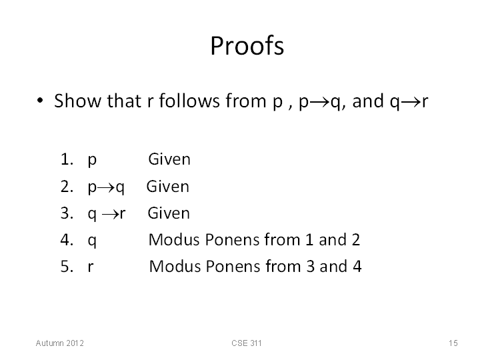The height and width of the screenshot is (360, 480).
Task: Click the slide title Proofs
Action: pyautogui.click(x=247, y=45)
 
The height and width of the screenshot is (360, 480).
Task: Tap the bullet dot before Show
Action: pyautogui.click(x=40, y=101)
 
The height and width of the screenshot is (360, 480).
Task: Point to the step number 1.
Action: pyautogui.click(x=67, y=159)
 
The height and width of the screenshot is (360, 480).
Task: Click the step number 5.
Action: pyautogui.click(x=67, y=266)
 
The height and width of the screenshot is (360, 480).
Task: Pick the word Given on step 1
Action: pyautogui.click(x=169, y=159)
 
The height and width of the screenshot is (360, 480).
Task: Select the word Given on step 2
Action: pyautogui.click(x=168, y=187)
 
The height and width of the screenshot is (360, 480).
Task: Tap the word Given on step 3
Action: pyautogui.click(x=169, y=213)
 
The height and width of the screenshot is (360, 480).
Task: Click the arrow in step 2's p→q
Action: pyautogui.click(x=106, y=187)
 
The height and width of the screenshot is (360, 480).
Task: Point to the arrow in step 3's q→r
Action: pyautogui.click(x=111, y=214)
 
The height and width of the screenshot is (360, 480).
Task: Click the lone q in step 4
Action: pyautogui.click(x=92, y=241)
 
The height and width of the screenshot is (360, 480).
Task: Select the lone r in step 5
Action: pyautogui.click(x=91, y=267)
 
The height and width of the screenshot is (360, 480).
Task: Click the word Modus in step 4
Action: pyautogui.click(x=174, y=239)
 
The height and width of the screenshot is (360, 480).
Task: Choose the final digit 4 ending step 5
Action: pyautogui.click(x=357, y=266)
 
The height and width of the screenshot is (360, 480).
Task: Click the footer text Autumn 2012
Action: pyautogui.click(x=60, y=343)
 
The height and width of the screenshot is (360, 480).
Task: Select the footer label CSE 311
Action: pyautogui.click(x=247, y=343)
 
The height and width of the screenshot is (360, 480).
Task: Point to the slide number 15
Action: pyautogui.click(x=453, y=343)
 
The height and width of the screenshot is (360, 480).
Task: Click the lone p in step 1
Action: pyautogui.click(x=92, y=161)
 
